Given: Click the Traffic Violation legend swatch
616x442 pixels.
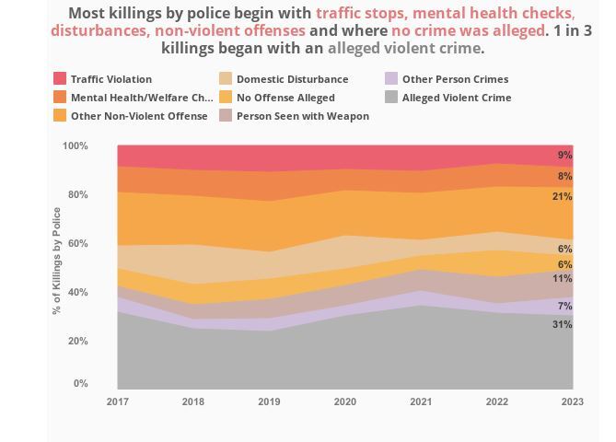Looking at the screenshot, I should click(x=60, y=79).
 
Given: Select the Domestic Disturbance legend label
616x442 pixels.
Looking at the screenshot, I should click(x=292, y=79).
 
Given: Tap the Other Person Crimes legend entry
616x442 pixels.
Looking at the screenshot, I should click(x=455, y=79).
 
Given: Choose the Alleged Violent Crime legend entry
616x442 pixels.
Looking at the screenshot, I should click(x=456, y=98).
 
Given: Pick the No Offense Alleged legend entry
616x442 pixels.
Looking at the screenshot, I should click(x=285, y=98).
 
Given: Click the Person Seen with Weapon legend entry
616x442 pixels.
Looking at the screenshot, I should click(x=302, y=116).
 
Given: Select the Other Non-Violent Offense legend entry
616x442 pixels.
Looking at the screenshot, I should click(x=138, y=116).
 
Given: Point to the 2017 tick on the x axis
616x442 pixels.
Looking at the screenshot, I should click(x=117, y=401).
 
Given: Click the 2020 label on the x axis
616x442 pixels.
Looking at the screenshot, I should click(x=344, y=401).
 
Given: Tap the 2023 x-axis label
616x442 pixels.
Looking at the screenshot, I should click(x=572, y=401).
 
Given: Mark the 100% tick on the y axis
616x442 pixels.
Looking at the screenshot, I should click(x=76, y=146).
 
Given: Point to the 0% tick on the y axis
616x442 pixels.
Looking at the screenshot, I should click(x=81, y=384).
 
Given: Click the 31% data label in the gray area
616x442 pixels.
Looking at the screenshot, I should click(x=562, y=324).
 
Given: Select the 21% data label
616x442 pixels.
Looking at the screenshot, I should click(x=562, y=196).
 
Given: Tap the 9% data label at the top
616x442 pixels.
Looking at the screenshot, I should click(x=564, y=155).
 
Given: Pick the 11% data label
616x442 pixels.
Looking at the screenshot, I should click(x=562, y=278).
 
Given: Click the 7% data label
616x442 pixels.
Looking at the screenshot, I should click(x=564, y=306).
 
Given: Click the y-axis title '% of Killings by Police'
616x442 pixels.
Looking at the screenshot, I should click(x=57, y=261).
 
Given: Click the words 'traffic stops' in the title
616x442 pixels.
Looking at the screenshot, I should click(x=361, y=14).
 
